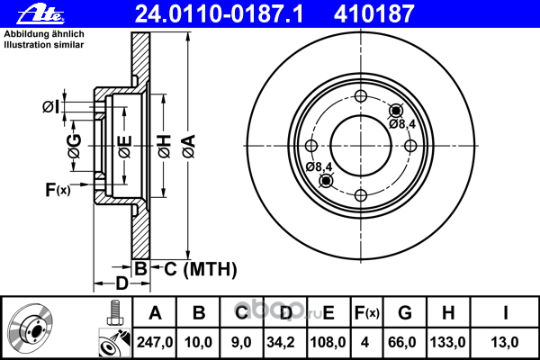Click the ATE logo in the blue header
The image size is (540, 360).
[40, 14]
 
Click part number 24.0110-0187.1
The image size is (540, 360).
[219, 14]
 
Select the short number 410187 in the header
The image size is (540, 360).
[374, 14]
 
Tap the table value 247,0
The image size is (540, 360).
[155, 342]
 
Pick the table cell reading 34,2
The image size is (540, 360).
[281, 342]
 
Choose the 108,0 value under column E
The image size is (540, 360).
[328, 342]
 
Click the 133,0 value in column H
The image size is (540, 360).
[448, 342]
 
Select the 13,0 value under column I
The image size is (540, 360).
[505, 342]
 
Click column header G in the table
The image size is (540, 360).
[405, 313]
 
